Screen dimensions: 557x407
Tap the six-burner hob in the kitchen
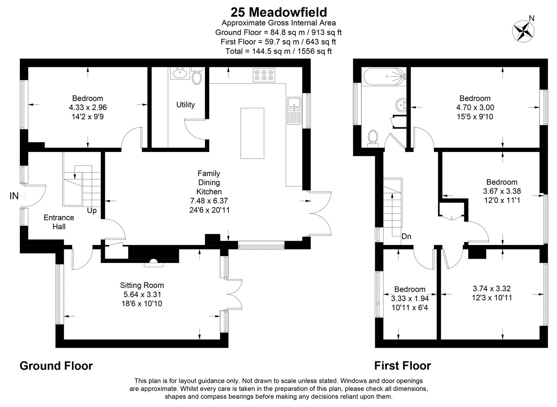tap(264, 75)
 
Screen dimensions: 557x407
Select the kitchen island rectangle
tap(252, 133)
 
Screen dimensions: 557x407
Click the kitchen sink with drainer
tap(294, 111)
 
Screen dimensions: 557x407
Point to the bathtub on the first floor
tap(385, 77)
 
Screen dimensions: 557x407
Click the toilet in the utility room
tap(197, 76)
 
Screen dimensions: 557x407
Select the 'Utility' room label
tap(185, 105)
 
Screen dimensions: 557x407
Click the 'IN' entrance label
tap(14, 196)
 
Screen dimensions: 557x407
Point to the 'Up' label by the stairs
tap(92, 210)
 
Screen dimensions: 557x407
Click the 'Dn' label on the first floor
tap(406, 236)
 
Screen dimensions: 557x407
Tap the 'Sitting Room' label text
tap(142, 285)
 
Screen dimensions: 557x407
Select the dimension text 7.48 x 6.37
tap(209, 201)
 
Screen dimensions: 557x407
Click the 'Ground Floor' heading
tap(56, 366)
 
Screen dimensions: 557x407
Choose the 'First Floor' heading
tap(403, 366)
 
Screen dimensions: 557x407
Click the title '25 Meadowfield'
tap(278, 12)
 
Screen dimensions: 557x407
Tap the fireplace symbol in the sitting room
tap(154, 263)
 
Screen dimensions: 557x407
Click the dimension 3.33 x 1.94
tap(410, 298)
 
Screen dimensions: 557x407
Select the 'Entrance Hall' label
tap(59, 222)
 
